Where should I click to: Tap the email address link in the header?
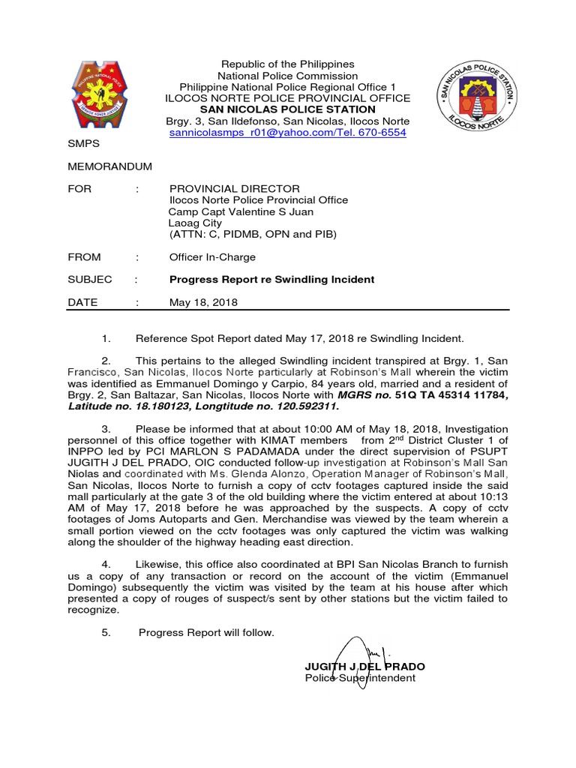pos(286,132)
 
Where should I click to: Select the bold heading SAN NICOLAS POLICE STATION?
pos(286,109)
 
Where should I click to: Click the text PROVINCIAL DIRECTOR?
pos(234,189)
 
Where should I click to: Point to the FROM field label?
pos(84,257)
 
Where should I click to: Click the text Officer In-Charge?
pos(212,257)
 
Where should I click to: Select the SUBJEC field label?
pos(89,280)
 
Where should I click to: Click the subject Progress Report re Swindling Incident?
pos(271,280)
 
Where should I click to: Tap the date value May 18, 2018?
pos(203,302)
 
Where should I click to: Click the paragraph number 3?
pos(106,427)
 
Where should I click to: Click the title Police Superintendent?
pos(359,678)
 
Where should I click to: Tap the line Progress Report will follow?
pos(207,633)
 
